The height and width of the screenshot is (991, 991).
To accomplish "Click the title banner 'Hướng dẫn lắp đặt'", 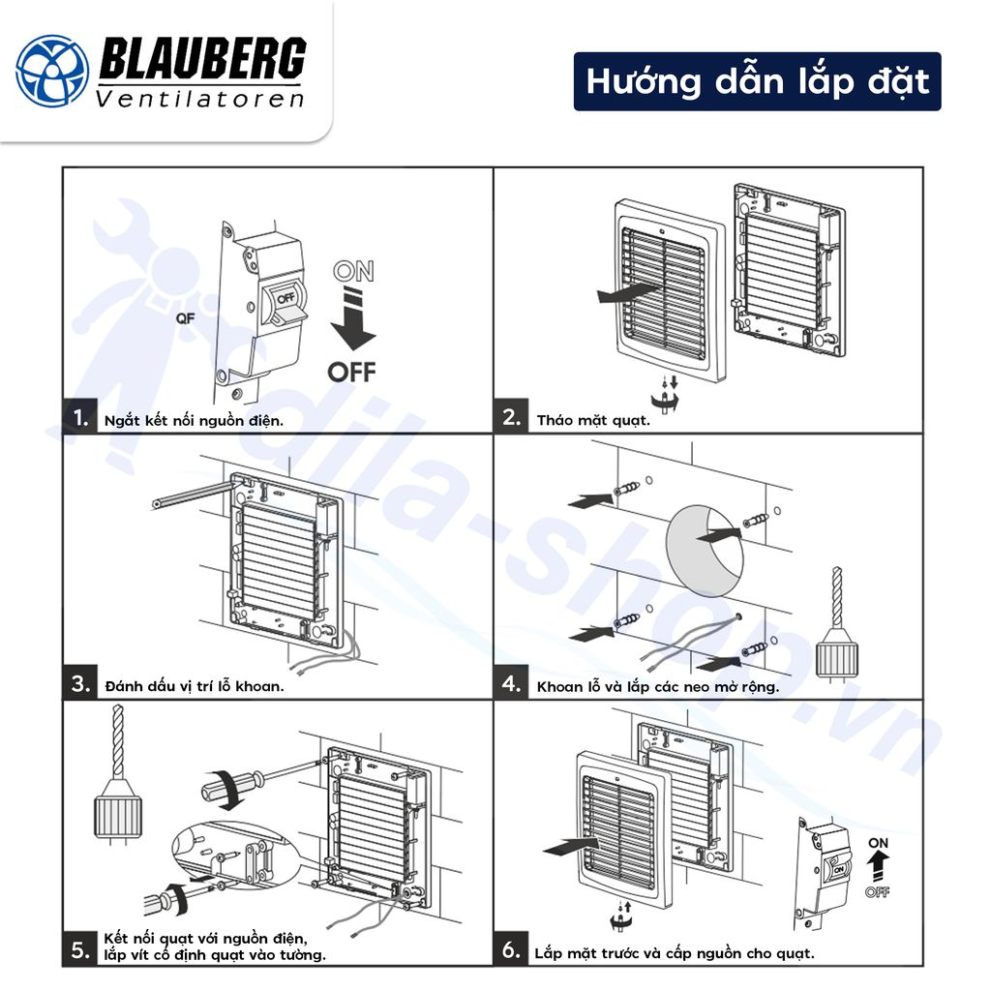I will (x=757, y=81).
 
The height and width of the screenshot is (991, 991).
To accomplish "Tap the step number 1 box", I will (x=81, y=418).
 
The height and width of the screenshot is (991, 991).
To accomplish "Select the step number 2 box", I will (x=512, y=418).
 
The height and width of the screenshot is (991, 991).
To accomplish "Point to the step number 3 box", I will (x=81, y=684).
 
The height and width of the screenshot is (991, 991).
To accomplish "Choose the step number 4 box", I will (x=512, y=684).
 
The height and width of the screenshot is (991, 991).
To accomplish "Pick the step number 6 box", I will (x=512, y=949).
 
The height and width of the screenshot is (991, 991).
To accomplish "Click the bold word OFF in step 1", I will (x=351, y=371).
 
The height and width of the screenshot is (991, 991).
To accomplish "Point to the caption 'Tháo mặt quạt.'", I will (x=593, y=420).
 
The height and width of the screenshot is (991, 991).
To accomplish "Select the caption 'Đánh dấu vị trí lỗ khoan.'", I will (x=195, y=686).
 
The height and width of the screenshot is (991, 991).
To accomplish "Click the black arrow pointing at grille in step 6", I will (x=566, y=847).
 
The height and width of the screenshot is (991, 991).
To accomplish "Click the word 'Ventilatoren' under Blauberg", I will (x=200, y=99).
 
